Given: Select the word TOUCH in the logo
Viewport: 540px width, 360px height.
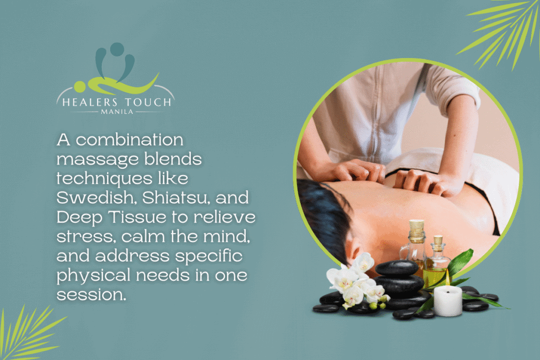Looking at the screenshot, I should coord(146,102).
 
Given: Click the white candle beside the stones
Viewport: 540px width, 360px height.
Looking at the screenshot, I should coord(448,301).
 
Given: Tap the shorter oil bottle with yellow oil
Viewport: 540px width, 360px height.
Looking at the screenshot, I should coord(437,264).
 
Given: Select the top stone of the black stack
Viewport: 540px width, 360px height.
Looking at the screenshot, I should coord(397,268).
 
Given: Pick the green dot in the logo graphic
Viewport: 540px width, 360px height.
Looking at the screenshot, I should coord(80,85).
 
